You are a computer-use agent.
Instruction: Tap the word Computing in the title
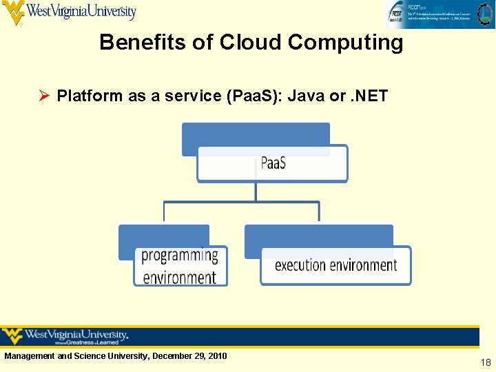(x=345, y=42)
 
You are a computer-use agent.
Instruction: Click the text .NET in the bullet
(x=369, y=96)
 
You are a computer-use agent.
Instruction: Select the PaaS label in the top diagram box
(x=273, y=164)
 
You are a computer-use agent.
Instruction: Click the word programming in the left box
(x=180, y=256)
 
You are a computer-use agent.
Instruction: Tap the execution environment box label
(x=335, y=265)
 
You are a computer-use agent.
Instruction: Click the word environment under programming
(x=180, y=277)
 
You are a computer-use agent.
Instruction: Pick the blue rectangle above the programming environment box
(x=164, y=234)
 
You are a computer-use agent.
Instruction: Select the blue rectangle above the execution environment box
(x=318, y=235)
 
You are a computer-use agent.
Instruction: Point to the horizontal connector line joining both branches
(x=241, y=202)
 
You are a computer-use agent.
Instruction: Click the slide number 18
(x=486, y=362)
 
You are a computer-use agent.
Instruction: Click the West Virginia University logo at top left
(x=69, y=12)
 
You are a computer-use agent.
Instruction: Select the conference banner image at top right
(x=439, y=14)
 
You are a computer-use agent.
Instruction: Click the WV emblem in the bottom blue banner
(x=12, y=336)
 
